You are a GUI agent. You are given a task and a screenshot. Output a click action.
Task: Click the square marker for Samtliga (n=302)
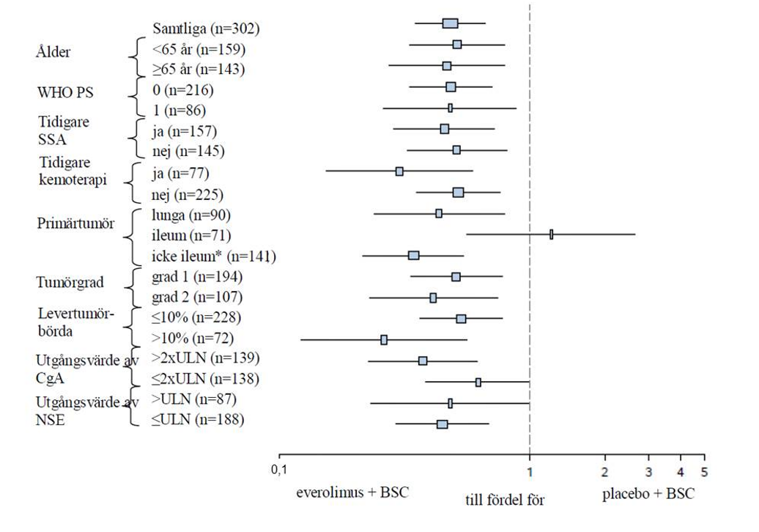(x=450, y=23)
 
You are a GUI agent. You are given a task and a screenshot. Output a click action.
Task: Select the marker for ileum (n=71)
(x=551, y=234)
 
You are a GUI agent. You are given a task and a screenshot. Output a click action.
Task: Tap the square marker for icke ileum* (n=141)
(x=413, y=255)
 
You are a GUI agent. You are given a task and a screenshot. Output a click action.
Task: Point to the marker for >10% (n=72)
(x=384, y=340)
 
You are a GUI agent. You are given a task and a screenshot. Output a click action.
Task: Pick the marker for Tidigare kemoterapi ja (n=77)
(x=399, y=171)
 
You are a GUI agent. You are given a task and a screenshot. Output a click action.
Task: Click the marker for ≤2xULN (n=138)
(x=478, y=382)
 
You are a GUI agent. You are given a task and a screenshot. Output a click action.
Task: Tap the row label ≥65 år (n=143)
(x=199, y=70)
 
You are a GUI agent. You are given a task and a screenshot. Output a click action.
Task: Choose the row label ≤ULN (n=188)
(x=198, y=420)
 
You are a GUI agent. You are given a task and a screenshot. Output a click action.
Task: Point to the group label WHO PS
(x=66, y=93)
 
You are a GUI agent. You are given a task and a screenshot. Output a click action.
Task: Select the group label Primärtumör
(x=75, y=224)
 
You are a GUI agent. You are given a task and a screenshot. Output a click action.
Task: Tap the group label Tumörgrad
(x=70, y=283)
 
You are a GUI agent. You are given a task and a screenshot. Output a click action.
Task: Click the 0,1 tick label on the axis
(x=279, y=469)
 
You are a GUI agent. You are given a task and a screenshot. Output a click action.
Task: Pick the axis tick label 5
(x=704, y=470)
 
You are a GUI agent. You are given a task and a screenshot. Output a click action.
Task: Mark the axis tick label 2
(x=604, y=470)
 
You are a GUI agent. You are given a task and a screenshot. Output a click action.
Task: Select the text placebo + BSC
(x=648, y=493)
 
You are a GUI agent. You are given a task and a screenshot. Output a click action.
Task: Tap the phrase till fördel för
(x=505, y=500)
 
